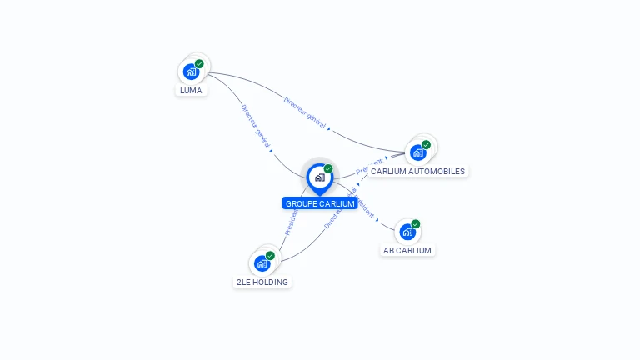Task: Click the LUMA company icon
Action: pyautogui.click(x=191, y=72)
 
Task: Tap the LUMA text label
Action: pyautogui.click(x=191, y=90)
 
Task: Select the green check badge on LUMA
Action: pyautogui.click(x=199, y=63)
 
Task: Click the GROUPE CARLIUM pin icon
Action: pyautogui.click(x=319, y=177)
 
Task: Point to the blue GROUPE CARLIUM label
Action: pyautogui.click(x=320, y=203)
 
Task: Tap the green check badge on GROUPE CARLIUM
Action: pyautogui.click(x=328, y=168)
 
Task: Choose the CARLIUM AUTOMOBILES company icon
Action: pyautogui.click(x=417, y=152)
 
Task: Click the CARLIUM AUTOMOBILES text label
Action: pyautogui.click(x=418, y=171)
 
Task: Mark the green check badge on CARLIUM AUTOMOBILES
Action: pyautogui.click(x=426, y=144)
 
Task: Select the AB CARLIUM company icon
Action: pyautogui.click(x=407, y=232)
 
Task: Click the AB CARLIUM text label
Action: pyautogui.click(x=407, y=250)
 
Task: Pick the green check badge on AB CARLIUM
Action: pyautogui.click(x=415, y=223)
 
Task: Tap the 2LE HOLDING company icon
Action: pyautogui.click(x=262, y=263)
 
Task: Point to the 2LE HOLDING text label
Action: pyautogui.click(x=262, y=282)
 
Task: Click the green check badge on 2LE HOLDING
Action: pyautogui.click(x=270, y=255)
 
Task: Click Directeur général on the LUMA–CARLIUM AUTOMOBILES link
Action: pyautogui.click(x=305, y=112)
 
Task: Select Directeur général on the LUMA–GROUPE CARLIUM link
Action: pyautogui.click(x=255, y=126)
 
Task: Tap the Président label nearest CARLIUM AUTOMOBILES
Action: pyautogui.click(x=369, y=165)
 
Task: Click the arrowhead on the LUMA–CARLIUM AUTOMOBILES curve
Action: pyautogui.click(x=329, y=129)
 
